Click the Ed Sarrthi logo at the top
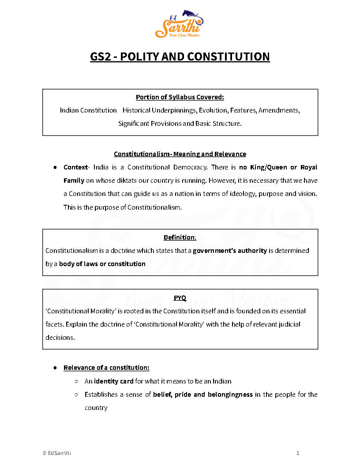(x=180, y=25)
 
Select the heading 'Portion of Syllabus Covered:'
(x=180, y=97)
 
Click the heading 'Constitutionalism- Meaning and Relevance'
(x=180, y=154)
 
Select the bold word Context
(x=75, y=167)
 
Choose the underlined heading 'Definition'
(x=180, y=237)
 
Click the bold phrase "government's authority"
(x=230, y=251)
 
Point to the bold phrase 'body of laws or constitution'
(x=102, y=264)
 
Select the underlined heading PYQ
(x=180, y=298)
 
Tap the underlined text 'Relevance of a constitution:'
(x=106, y=368)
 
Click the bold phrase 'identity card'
(x=114, y=381)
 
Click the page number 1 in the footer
(x=298, y=453)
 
